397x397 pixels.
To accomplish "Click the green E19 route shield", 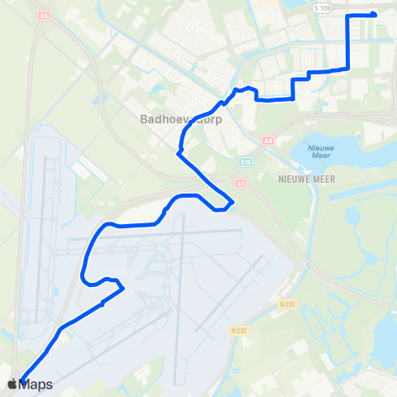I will coord(245,162).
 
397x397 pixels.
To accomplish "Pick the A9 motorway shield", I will coord(239,184).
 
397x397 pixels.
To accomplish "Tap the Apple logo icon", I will coord(12,384).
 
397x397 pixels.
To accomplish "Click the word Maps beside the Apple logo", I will coord(36,385).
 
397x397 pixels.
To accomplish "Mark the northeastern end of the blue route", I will coord(374,14).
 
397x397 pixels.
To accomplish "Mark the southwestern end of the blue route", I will coord(21,378).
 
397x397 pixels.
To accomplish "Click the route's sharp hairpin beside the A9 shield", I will coord(234,202).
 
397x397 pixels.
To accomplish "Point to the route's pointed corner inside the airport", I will coord(123,288).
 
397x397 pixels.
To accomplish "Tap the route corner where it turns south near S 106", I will coord(346,16).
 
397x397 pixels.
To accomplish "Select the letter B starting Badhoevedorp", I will coord(144,119).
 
